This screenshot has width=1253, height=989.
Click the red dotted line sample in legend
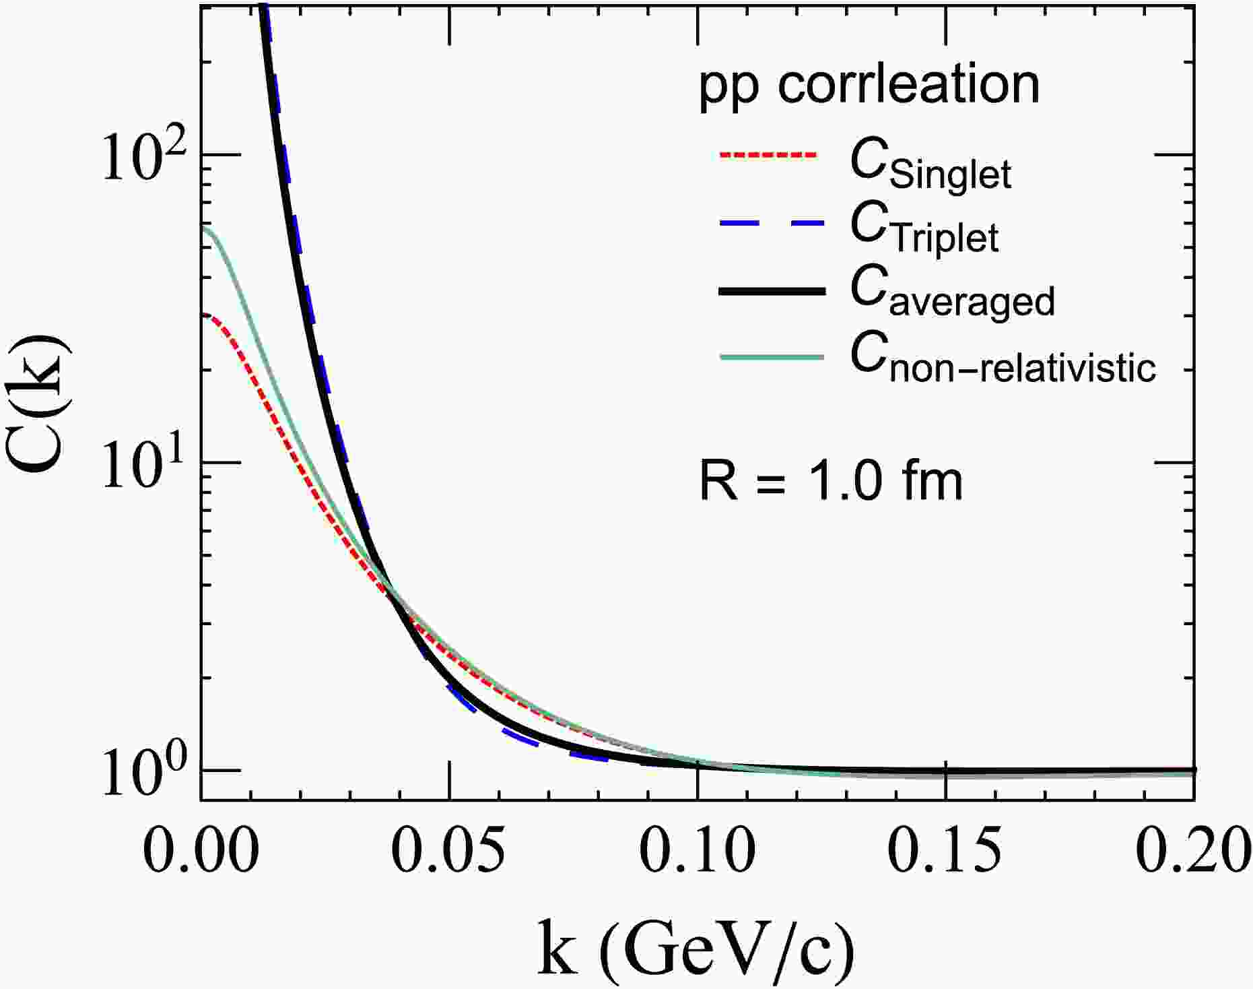click(x=768, y=155)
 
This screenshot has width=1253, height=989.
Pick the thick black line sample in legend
click(x=772, y=290)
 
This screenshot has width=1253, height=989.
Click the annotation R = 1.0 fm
click(x=831, y=481)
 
